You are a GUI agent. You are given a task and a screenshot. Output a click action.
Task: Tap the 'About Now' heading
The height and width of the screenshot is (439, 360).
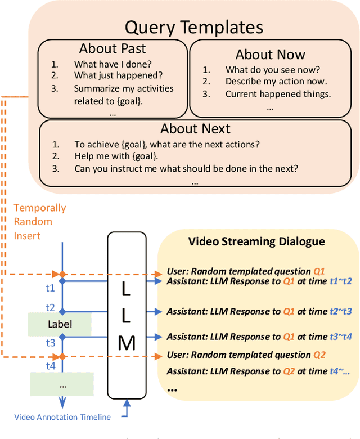(x=270, y=54)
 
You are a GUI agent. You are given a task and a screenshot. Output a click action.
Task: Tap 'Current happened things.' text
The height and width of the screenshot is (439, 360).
(x=278, y=94)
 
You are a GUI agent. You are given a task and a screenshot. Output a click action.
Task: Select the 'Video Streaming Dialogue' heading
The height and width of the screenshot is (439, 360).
(x=256, y=241)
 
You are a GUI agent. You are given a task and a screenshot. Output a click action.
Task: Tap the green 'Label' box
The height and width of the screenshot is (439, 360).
(x=60, y=324)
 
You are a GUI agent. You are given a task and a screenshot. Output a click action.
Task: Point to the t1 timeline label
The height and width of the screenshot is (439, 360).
(x=50, y=288)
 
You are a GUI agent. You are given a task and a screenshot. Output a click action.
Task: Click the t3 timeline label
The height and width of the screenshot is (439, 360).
(x=50, y=342)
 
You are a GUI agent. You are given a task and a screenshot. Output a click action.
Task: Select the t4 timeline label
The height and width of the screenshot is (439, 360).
(x=50, y=366)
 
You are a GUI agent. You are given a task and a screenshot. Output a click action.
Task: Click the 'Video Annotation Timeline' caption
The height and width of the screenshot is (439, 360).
(x=62, y=417)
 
